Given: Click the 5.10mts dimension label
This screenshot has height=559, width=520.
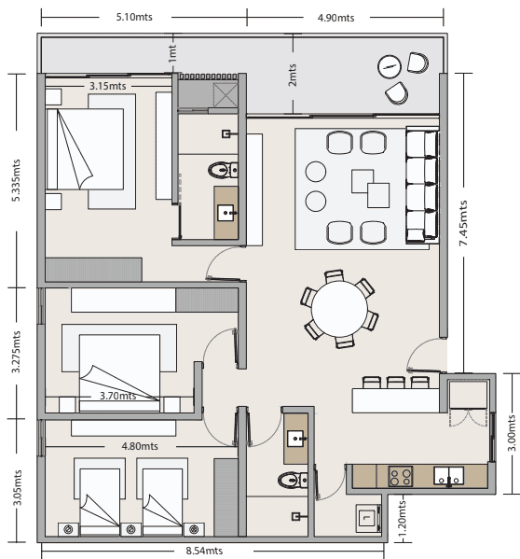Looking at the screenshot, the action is point(134,17).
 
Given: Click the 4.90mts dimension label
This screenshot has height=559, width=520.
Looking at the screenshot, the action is point(335,18).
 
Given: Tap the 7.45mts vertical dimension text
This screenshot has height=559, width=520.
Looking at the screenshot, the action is point(463,223).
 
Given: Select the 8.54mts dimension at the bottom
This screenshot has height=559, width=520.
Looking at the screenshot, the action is point(204,551).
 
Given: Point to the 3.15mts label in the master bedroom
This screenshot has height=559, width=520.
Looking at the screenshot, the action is point(107,86).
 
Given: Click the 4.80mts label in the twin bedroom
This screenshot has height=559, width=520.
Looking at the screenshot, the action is point(140,446).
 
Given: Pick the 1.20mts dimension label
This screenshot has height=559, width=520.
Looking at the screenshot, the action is point(402,519).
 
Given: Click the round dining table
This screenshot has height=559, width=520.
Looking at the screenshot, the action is point(339,309).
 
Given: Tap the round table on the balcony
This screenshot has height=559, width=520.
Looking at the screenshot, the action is point(390,66).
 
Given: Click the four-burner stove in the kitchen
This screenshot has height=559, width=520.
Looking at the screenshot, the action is point(401,477).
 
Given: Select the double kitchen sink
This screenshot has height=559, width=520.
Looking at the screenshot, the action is point(448,476).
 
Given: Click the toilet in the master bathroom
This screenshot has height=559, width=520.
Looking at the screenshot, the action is point(223,170).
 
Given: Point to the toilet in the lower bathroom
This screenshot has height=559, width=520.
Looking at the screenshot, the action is point(293,480).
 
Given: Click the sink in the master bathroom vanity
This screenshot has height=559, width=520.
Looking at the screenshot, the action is point(226,213).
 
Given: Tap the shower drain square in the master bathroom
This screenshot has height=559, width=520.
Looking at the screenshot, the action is point(226,95).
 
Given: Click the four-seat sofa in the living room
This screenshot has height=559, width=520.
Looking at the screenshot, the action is point(422,185).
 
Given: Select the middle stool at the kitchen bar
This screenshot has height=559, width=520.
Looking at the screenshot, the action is point(396,383).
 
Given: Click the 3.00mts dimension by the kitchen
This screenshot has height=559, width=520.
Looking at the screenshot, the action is point(512,433).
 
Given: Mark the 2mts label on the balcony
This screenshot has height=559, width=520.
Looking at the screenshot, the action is point(293,75).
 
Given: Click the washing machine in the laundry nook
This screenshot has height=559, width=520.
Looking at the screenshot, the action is point(368,518).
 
